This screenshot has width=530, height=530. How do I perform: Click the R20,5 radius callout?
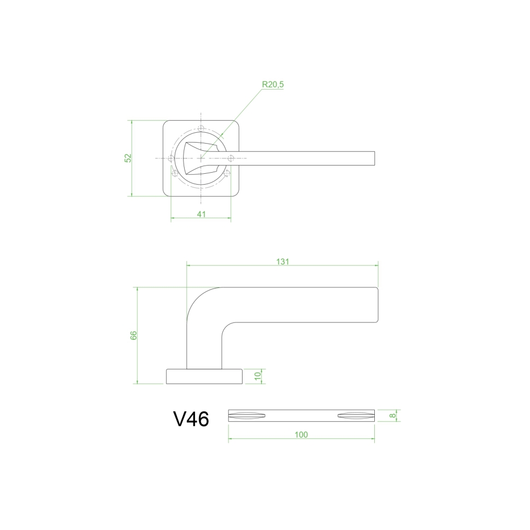[273, 85]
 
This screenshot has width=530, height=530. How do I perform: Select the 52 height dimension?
[128, 158]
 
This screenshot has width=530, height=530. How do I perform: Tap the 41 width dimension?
[201, 214]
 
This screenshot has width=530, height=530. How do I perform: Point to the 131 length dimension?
[282, 261]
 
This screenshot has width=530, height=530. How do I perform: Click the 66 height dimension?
[133, 335]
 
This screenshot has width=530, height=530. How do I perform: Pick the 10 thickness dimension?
[258, 376]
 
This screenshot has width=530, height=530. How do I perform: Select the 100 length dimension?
[301, 434]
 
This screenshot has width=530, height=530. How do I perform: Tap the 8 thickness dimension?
[392, 415]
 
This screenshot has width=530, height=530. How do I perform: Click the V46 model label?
[191, 419]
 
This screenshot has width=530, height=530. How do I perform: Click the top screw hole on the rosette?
[201, 128]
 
